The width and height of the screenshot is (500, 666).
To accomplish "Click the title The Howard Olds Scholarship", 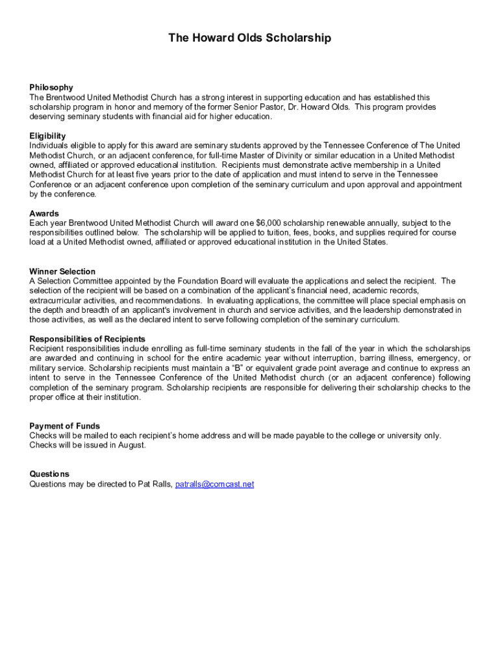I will (249, 38).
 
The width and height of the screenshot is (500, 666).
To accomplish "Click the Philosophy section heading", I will (51, 87).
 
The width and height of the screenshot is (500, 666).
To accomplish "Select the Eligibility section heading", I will (47, 136).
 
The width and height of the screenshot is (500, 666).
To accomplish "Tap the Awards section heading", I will (44, 213).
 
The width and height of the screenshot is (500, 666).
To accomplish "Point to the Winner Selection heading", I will (62, 271).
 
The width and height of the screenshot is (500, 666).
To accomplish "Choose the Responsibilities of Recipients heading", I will (87, 339).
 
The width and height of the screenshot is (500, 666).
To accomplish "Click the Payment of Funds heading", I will (64, 426).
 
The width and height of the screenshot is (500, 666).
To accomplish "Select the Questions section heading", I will (49, 474).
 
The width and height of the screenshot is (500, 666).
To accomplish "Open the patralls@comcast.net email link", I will (214, 484).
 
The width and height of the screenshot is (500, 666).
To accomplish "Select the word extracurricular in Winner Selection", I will (53, 300).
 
